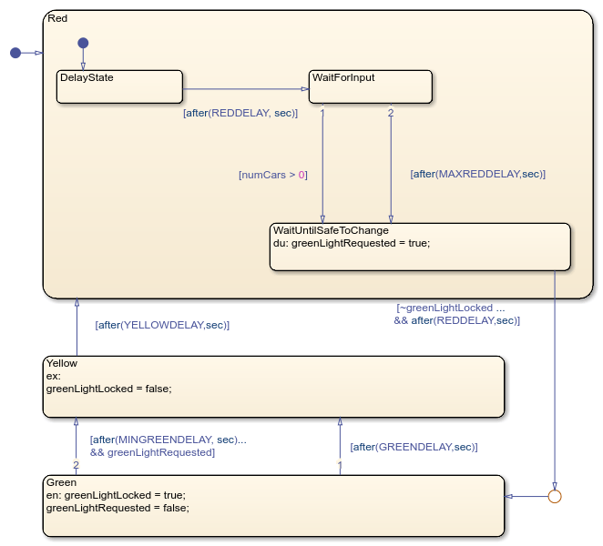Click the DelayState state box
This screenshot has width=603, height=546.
[x=119, y=86]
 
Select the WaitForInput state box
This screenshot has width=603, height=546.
[x=371, y=86]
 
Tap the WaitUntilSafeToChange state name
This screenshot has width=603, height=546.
[x=331, y=230]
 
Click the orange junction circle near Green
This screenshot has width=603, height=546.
[x=554, y=496]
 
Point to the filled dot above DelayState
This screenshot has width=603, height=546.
[x=83, y=43]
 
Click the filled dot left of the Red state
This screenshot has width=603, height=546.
[x=15, y=53]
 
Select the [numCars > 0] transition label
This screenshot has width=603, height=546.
[x=273, y=175]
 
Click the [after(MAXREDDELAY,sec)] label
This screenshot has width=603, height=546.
[x=477, y=174]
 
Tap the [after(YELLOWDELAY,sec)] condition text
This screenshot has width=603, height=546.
[x=162, y=325]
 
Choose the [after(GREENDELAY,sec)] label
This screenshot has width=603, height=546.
[x=414, y=447]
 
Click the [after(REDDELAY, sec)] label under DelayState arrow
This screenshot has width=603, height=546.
[x=240, y=113]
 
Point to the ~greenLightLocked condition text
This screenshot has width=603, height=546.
[x=450, y=308]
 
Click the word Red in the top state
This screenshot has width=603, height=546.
[x=57, y=18]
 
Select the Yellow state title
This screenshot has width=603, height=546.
[x=62, y=363]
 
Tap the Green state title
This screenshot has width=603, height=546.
[x=61, y=482]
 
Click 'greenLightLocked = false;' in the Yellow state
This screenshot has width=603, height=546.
[x=108, y=389]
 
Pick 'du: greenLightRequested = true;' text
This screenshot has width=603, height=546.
[x=352, y=243]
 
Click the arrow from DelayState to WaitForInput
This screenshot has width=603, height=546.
[x=246, y=89]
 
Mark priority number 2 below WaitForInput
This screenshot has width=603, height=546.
[x=391, y=113]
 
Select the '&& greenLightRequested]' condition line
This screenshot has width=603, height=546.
[x=152, y=452]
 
